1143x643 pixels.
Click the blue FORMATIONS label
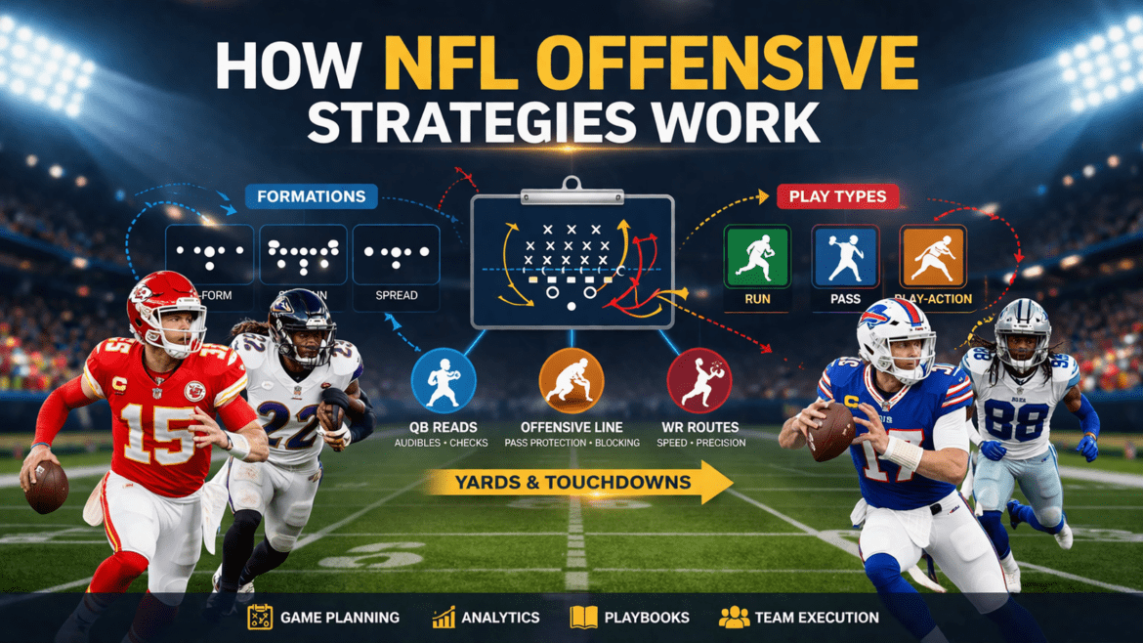[x=311, y=196]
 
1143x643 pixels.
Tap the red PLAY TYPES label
[x=837, y=196]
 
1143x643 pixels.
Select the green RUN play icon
[x=757, y=256]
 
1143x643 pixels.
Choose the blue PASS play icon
[x=845, y=256]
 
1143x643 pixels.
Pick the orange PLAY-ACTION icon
[x=933, y=256]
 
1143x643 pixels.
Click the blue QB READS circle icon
[x=443, y=381]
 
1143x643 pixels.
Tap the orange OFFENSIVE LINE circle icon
[x=571, y=381]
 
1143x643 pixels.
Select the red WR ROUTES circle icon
[x=698, y=381]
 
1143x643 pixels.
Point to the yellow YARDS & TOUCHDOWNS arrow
[x=576, y=482]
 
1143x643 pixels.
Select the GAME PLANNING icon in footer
[x=260, y=618]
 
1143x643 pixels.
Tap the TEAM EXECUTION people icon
[x=734, y=618]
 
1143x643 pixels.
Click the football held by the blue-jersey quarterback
[x=831, y=430]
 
